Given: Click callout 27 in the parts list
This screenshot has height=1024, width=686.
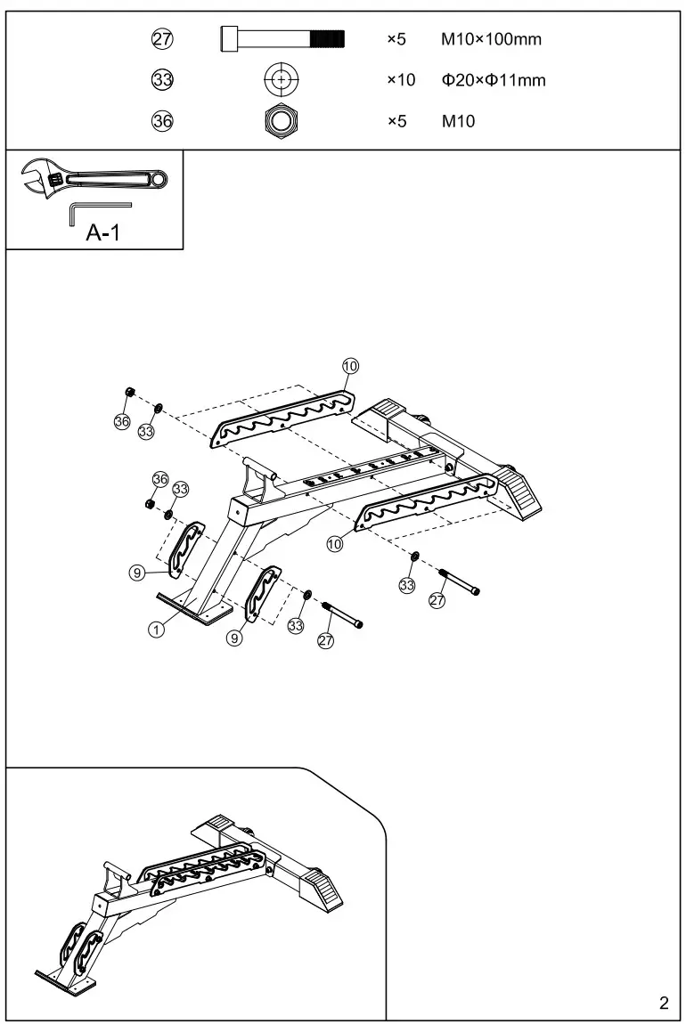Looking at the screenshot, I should pos(162,39).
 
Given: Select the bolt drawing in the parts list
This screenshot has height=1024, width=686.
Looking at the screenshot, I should pos(282,39).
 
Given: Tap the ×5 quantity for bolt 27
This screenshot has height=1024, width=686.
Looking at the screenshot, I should pos(396,39).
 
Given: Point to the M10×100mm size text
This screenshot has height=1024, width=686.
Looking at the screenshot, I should pos(491,39).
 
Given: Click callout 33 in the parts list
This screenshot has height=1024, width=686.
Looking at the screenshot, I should pos(162,80).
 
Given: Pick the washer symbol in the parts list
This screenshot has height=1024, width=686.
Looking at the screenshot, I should pos(282,80).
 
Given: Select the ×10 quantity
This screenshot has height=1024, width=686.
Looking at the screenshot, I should pos(401,80).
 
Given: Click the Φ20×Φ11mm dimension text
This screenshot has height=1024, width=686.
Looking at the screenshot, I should pos(494,80).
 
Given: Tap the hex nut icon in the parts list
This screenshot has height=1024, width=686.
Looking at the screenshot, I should pos(282,120).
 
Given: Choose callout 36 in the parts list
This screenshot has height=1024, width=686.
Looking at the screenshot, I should pos(162,121).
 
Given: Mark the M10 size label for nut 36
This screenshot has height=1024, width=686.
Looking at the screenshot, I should pos(459,121).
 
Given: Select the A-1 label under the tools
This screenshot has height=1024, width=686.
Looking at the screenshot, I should pos(103,234).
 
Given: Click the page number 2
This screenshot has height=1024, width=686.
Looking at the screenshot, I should pos(663,1004).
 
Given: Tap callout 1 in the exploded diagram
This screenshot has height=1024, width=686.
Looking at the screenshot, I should pos(156,629).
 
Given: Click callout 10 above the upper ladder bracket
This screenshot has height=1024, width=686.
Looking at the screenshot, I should pos(350,366).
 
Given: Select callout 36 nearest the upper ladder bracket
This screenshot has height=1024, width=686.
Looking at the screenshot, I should pos(122,420).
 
